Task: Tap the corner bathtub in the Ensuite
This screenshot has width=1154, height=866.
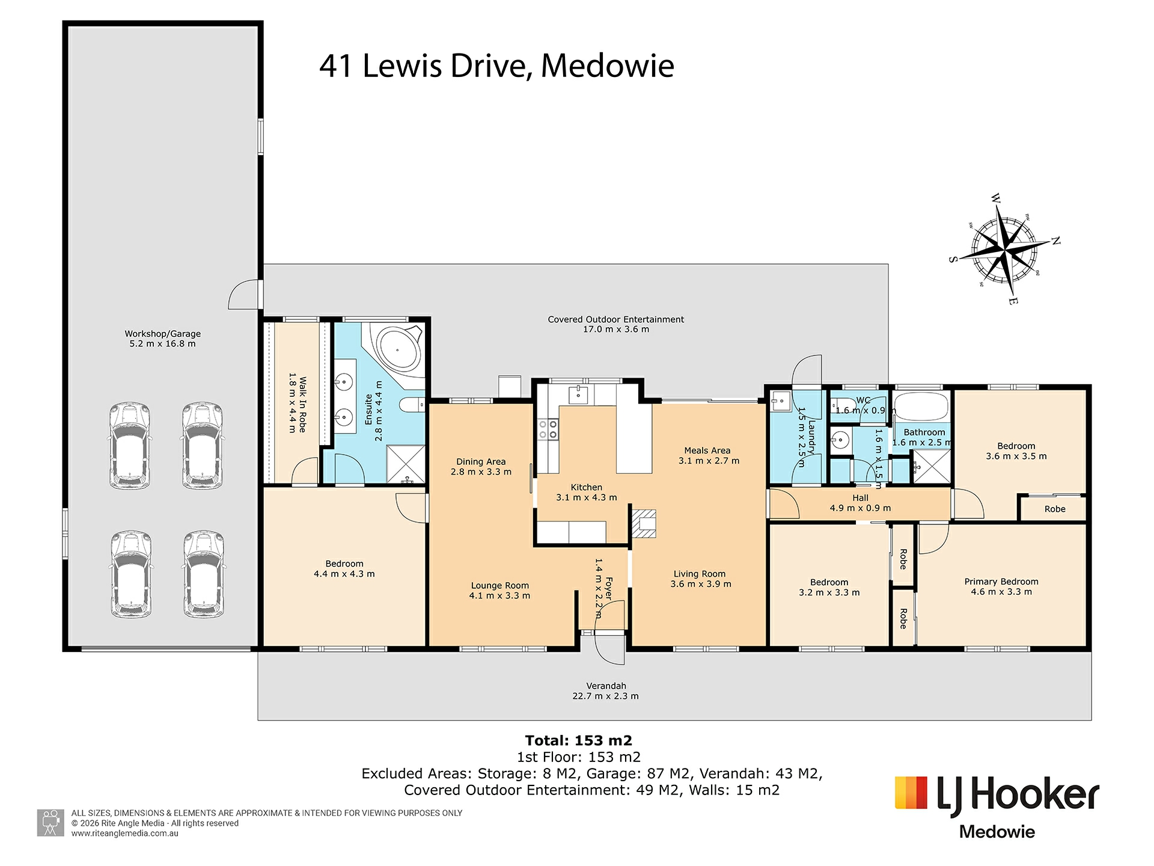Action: (397, 348)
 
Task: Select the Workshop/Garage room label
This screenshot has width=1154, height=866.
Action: (163, 334)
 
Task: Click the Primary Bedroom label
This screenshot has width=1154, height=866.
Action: (1001, 582)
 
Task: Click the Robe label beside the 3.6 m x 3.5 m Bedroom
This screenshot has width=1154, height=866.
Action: (1055, 509)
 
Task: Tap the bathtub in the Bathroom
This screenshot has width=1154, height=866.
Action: (920, 407)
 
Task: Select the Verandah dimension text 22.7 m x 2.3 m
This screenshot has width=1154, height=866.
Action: (606, 696)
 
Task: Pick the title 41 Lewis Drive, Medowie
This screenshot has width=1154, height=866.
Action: (496, 66)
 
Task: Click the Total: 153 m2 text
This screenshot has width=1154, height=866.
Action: (579, 740)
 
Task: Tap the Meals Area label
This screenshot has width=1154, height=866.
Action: (707, 450)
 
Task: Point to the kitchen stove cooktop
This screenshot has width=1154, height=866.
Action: (548, 430)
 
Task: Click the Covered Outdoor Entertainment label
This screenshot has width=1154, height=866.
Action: (616, 319)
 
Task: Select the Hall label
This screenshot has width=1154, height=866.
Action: (860, 498)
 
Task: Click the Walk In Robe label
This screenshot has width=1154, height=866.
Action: (303, 404)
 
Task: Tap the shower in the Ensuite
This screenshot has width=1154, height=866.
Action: (405, 464)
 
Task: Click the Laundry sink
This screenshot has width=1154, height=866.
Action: (782, 400)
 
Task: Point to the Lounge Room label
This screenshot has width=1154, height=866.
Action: (500, 585)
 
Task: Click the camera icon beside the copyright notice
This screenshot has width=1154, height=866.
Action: (50, 823)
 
